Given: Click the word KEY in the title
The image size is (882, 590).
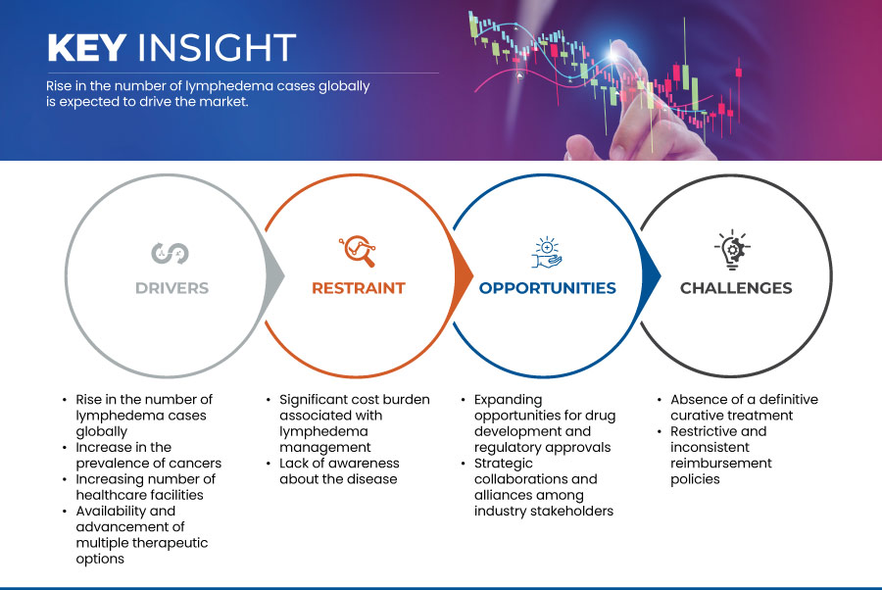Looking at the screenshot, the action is point(86,47).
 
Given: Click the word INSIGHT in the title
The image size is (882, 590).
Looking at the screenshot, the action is point(218,47).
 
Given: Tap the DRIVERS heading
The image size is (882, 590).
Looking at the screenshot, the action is point(172,288).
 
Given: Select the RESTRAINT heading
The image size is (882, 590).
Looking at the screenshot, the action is point(359,288).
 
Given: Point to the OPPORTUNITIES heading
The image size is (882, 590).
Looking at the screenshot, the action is point(547,288).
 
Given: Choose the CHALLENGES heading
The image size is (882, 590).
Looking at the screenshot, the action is point(736,288).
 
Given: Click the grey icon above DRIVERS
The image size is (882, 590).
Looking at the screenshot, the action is point(170,253).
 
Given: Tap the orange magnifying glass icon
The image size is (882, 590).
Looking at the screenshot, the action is point(357,251).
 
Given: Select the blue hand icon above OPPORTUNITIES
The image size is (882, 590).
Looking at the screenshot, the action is point(547,253).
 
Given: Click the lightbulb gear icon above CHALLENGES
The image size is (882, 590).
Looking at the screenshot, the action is point(732,250).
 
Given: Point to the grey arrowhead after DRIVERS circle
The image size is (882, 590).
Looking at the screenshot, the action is point(274,275).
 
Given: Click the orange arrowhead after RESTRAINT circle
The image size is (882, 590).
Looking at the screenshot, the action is point(463,275).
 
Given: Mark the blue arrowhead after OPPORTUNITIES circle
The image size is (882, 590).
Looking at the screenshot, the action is point(651,275).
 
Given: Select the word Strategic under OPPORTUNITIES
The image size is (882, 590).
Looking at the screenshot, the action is point(504,464).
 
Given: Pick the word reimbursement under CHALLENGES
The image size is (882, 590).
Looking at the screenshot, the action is point(721,464).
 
